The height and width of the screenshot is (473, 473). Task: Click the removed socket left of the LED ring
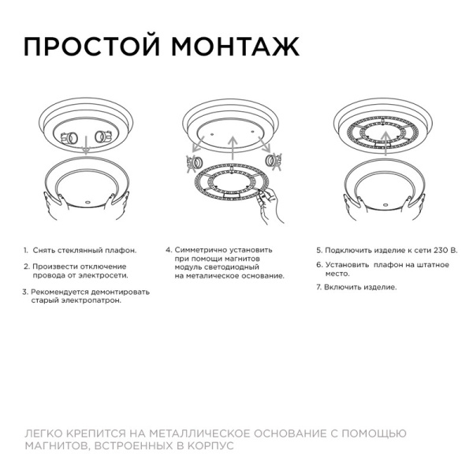[x=192, y=163]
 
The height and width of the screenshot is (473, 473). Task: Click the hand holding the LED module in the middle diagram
[x=268, y=207]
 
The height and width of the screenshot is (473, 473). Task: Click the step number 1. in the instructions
[x=25, y=250]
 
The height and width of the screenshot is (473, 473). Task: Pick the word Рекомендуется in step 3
[x=59, y=292]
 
